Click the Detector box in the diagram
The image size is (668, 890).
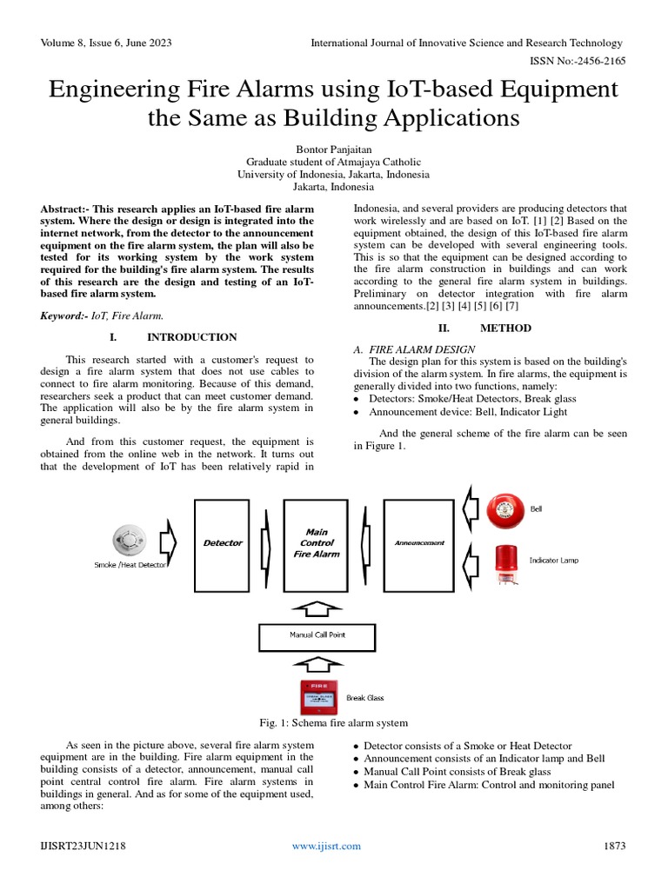pos(223,543)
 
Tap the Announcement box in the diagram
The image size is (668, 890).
pos(419,543)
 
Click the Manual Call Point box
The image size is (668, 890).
pos(317,635)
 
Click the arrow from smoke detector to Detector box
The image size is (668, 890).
pos(169,543)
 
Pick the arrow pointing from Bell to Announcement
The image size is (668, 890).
pos(470,508)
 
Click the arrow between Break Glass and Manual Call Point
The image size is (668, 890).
pos(317,666)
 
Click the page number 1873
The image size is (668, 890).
pos(613,846)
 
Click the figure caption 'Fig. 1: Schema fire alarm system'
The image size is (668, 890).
pos(333,723)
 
